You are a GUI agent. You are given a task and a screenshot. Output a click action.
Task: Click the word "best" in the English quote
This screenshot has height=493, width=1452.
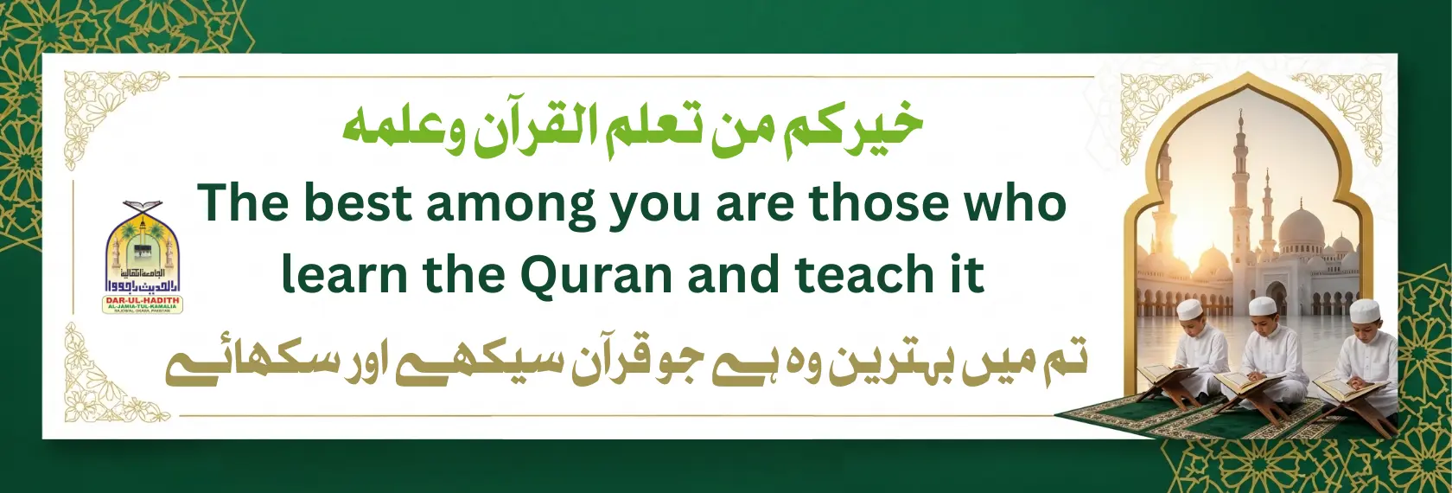click(357, 204)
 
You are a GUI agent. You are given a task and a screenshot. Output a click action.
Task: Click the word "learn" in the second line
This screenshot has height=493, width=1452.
click(344, 275)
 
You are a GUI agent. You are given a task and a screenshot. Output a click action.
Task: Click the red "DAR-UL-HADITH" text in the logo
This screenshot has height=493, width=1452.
click(143, 300)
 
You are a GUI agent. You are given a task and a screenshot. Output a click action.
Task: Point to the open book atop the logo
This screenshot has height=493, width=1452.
click(143, 208)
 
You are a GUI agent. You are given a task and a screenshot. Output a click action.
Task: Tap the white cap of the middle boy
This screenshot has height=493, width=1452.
click(1264, 307)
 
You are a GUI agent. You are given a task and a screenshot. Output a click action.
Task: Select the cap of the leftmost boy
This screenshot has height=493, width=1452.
click(1191, 310)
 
